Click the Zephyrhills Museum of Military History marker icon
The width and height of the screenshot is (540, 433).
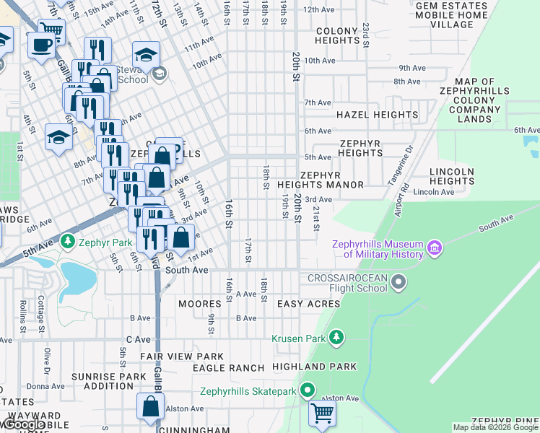[x=434, y=249]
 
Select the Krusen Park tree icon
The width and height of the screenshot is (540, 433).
[x=336, y=338]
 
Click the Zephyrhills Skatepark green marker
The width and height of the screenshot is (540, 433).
[x=308, y=391]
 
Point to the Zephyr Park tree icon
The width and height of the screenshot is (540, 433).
[x=68, y=240]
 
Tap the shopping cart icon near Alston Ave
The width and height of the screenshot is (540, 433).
[x=322, y=414]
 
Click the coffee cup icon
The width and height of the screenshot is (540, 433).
[x=41, y=45]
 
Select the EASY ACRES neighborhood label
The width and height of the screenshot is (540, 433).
[x=308, y=305]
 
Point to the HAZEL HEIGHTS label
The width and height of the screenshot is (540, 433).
[x=377, y=115]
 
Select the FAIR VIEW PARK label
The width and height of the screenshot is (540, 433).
[x=182, y=357]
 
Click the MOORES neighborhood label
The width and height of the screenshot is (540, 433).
[x=199, y=305]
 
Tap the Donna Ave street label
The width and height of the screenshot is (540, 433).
[x=45, y=386]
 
